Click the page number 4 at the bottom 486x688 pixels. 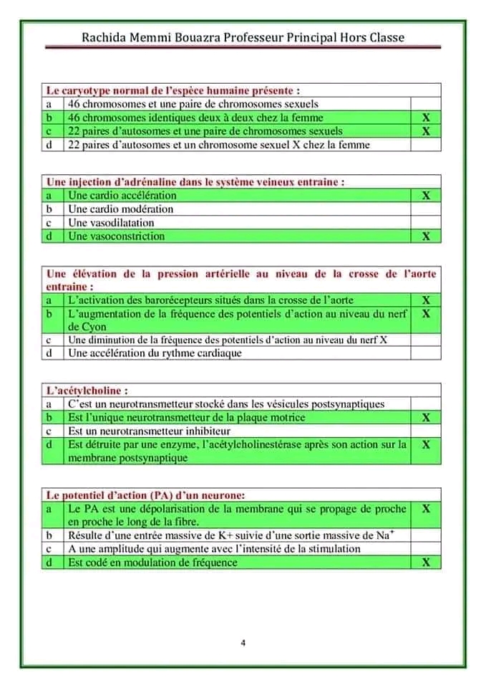(x=243, y=642)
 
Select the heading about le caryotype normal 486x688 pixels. (x=172, y=90)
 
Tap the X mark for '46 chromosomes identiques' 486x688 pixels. (x=426, y=118)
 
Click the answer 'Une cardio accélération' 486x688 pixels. (x=122, y=195)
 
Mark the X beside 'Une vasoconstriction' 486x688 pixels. (x=426, y=236)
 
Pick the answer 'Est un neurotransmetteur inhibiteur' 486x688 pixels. (x=149, y=431)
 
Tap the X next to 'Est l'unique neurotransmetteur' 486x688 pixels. (x=426, y=418)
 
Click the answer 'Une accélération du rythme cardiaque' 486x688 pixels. (x=155, y=353)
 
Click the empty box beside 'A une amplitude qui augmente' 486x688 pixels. (x=426, y=549)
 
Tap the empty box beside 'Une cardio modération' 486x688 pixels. (x=426, y=209)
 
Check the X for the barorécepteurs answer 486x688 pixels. (x=426, y=300)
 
